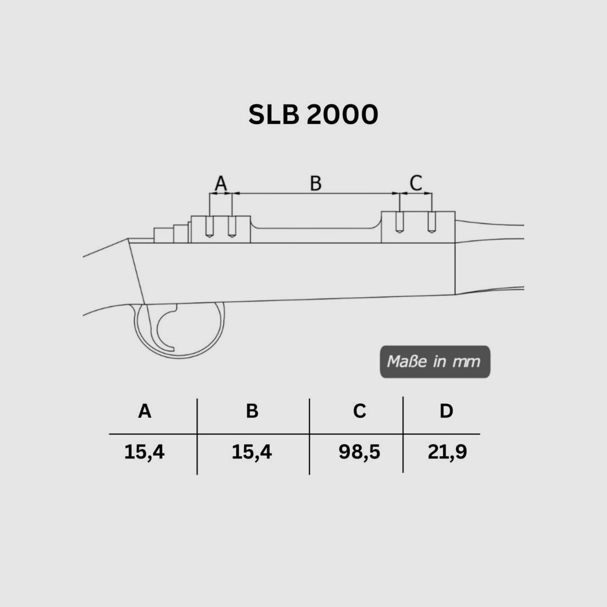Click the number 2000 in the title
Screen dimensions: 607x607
click(x=342, y=114)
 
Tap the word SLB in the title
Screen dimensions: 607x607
click(x=274, y=114)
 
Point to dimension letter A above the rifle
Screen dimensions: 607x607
click(x=221, y=183)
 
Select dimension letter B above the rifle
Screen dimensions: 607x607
click(x=316, y=183)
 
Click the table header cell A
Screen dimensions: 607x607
click(x=145, y=411)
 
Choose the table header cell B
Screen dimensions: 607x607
click(x=252, y=411)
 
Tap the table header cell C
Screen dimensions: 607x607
click(x=359, y=411)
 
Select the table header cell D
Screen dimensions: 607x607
click(x=446, y=411)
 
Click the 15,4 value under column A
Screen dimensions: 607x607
click(x=145, y=452)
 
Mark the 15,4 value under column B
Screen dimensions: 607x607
click(x=252, y=452)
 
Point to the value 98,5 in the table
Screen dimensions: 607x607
click(x=359, y=452)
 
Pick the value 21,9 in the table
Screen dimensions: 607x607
click(x=447, y=452)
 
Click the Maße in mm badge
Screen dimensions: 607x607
click(x=434, y=362)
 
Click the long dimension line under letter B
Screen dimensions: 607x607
click(x=316, y=194)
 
